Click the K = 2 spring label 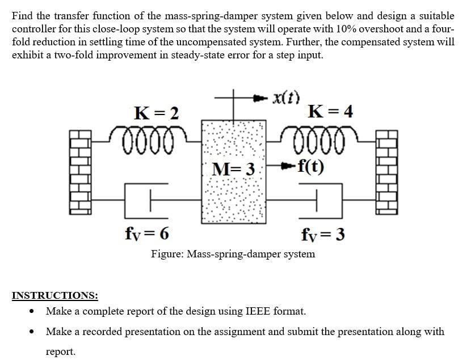157,113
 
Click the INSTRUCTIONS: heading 55,295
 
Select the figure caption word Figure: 167,253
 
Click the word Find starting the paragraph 23,15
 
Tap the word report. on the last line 60,351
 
